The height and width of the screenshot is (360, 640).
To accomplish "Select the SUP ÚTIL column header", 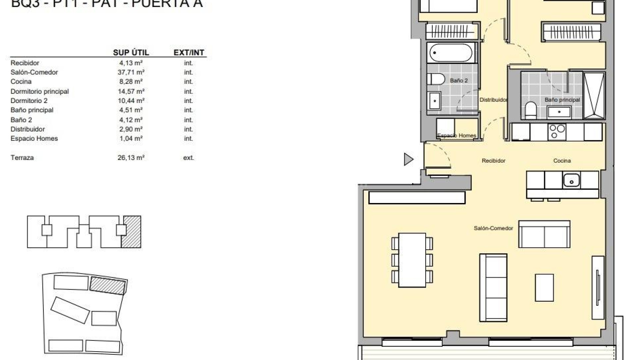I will [131, 52].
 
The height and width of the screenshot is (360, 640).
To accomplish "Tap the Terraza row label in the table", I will [22, 158].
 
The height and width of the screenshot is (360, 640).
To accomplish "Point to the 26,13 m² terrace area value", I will [131, 158].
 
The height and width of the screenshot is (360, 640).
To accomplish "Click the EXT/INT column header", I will [189, 52].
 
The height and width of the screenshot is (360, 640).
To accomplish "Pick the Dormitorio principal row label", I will [40, 91].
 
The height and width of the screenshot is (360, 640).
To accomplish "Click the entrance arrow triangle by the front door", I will [408, 159].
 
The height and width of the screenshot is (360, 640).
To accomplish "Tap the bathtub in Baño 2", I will [450, 53].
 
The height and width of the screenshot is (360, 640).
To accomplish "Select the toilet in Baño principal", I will [530, 111].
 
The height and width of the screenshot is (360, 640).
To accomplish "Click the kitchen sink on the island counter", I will [571, 180].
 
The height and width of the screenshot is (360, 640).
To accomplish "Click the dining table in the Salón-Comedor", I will [412, 260].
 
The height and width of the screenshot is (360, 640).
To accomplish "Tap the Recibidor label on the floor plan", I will [493, 161].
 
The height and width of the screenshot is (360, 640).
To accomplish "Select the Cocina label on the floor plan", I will [562, 161].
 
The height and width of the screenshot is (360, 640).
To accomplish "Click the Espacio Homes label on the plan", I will [456, 135].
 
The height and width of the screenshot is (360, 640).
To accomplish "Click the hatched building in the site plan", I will [108, 285].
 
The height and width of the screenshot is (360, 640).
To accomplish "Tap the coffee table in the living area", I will [544, 288].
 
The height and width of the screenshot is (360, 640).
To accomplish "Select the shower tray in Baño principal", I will [594, 96].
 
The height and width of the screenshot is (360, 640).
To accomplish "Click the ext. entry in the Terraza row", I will [188, 158].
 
